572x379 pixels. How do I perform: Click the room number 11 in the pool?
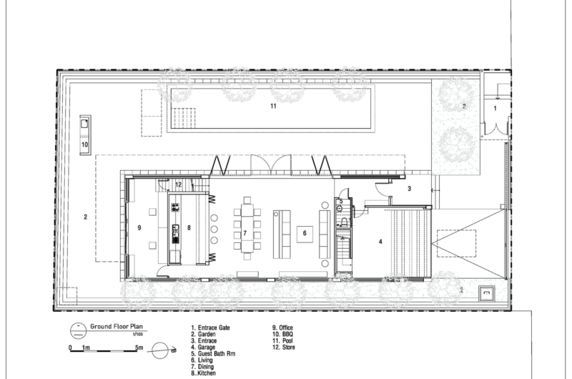coord(273,106)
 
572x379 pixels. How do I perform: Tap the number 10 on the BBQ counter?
coord(84,144)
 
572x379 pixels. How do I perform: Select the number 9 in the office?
coord(139,227)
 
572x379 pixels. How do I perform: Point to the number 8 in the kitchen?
coord(189,227)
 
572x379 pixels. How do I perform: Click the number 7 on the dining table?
coord(245,233)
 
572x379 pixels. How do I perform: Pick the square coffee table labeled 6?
coord(305,235)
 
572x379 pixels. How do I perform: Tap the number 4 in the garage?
coord(380,242)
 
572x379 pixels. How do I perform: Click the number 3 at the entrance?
coord(409,189)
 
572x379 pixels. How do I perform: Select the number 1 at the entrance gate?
coord(495,109)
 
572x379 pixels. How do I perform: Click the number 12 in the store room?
coord(178,184)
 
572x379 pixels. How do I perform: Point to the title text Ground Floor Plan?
coord(117,327)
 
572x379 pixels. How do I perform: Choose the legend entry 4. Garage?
coord(203,348)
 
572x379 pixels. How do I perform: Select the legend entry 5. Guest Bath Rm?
coord(213,354)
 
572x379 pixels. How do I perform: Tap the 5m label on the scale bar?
coord(139,348)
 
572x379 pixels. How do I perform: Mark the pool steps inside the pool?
coord(184,117)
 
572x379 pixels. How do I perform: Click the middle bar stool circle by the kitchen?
coord(214,230)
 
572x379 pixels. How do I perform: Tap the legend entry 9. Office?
coord(282,328)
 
